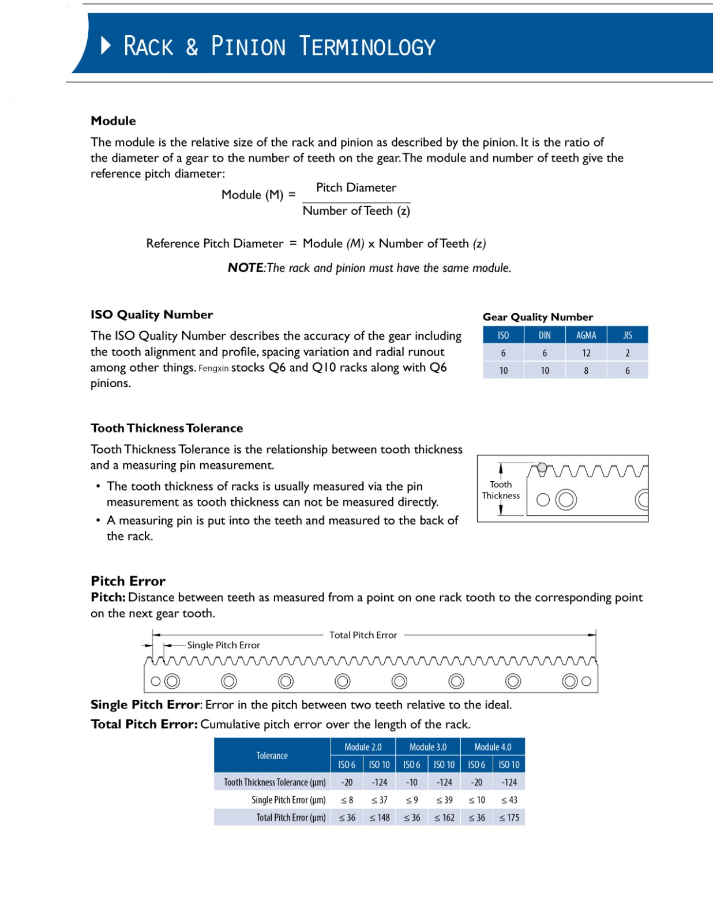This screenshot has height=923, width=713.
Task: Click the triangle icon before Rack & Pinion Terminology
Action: click(106, 45)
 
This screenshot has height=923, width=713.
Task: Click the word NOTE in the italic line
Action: click(245, 268)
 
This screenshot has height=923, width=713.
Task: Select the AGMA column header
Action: click(586, 335)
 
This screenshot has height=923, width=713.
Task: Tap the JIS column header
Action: click(628, 335)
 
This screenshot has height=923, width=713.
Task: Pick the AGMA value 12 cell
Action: click(586, 353)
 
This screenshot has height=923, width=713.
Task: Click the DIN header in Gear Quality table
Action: click(545, 335)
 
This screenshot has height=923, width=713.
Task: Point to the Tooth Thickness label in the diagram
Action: click(501, 490)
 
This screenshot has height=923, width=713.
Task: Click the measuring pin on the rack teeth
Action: click(542, 467)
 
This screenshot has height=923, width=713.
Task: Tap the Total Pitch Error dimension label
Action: click(363, 635)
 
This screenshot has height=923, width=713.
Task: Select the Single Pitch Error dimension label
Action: click(223, 646)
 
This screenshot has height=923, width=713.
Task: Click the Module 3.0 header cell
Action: click(428, 747)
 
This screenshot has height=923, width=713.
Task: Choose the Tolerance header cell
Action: click(272, 756)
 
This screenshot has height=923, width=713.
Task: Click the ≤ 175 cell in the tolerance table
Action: click(509, 817)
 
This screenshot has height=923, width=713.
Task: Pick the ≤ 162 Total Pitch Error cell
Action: click(444, 817)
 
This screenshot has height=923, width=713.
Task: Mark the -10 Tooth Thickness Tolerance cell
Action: click(412, 783)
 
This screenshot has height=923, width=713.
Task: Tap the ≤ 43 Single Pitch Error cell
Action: click(509, 800)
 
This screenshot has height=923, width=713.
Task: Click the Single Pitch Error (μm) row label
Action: click(288, 800)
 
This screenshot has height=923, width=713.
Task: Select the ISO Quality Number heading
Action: click(152, 315)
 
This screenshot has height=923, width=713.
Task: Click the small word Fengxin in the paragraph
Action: click(213, 369)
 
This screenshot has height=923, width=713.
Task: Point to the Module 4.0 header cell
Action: click(493, 747)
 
